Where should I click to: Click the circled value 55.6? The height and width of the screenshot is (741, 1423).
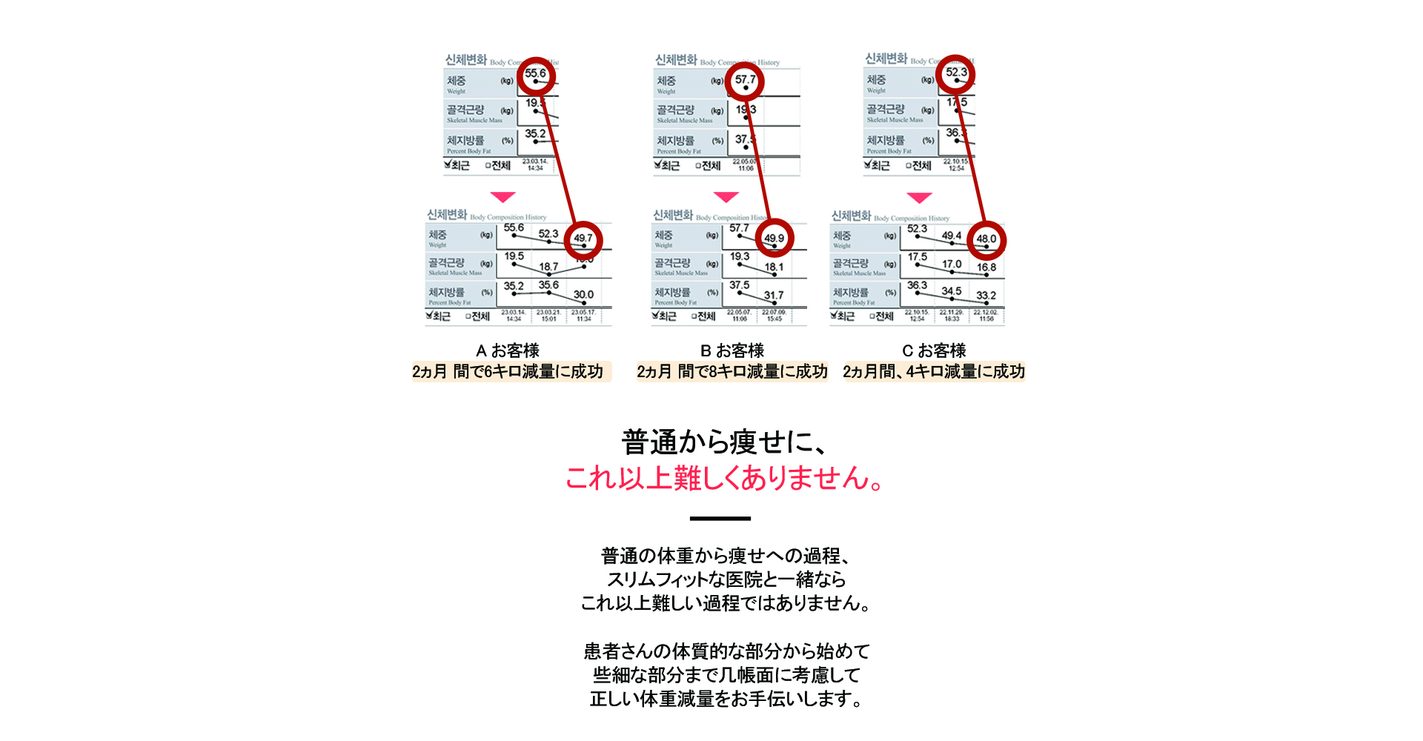click(x=535, y=74)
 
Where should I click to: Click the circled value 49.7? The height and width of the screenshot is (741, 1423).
click(x=583, y=239)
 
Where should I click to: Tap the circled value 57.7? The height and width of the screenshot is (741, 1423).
click(x=745, y=80)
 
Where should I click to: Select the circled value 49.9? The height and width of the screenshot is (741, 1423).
click(x=774, y=239)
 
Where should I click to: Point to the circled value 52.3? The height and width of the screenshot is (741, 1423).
click(x=955, y=73)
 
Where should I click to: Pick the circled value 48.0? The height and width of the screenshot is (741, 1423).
click(x=986, y=239)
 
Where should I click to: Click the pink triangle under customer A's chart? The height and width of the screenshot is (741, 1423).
click(x=502, y=197)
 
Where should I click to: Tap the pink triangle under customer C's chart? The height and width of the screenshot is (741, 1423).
click(x=919, y=198)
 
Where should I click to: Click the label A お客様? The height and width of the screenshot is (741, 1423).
click(x=508, y=350)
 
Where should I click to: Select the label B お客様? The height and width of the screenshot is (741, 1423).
click(x=732, y=350)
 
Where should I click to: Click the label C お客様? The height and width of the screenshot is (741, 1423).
click(x=934, y=350)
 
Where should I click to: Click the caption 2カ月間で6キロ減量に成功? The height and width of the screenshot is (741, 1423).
click(x=508, y=371)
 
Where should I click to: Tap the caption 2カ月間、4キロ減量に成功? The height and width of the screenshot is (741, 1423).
click(x=934, y=371)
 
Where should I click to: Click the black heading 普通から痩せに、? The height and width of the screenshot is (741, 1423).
click(x=723, y=442)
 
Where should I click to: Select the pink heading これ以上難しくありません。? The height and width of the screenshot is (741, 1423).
click(x=723, y=478)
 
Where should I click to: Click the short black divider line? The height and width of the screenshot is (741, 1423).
click(x=720, y=519)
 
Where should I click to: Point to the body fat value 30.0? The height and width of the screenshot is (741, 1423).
click(x=583, y=294)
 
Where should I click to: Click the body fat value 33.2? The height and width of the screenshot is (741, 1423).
click(x=986, y=295)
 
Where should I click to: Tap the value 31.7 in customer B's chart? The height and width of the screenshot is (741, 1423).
click(x=774, y=295)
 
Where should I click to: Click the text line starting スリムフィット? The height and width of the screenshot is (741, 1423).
click(x=726, y=579)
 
